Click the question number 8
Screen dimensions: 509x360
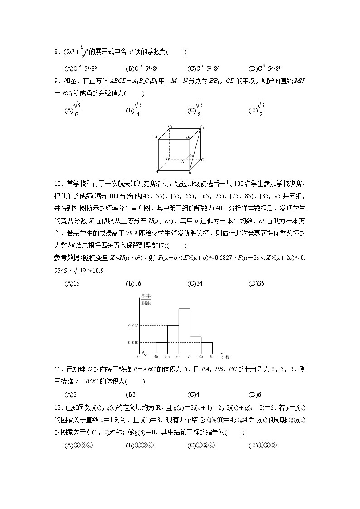(56, 52)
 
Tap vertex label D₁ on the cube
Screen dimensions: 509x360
(170, 126)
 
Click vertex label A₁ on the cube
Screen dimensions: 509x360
(157, 136)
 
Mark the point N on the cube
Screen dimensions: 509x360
(183, 161)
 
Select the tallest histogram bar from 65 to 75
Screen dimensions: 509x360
(184, 331)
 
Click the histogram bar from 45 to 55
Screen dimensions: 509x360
(162, 348)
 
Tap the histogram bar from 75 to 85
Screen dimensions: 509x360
(195, 345)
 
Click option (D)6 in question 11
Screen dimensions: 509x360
(256, 394)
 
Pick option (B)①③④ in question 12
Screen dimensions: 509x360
(140, 445)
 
